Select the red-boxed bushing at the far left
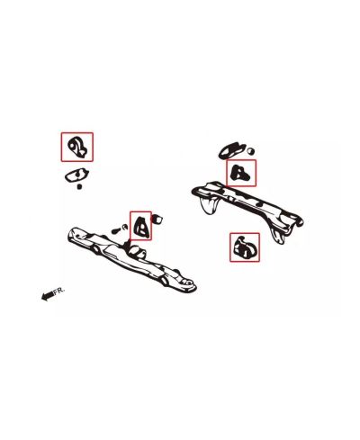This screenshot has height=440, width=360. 76,146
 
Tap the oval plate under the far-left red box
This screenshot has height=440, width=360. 78,175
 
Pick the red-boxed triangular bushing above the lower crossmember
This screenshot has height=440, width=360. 141,225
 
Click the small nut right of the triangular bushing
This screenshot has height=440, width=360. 160,217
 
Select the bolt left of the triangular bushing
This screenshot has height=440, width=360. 115,229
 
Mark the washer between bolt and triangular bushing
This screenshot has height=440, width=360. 127,226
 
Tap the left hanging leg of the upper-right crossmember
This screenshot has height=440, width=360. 210,206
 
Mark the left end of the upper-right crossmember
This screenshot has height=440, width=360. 193,189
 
